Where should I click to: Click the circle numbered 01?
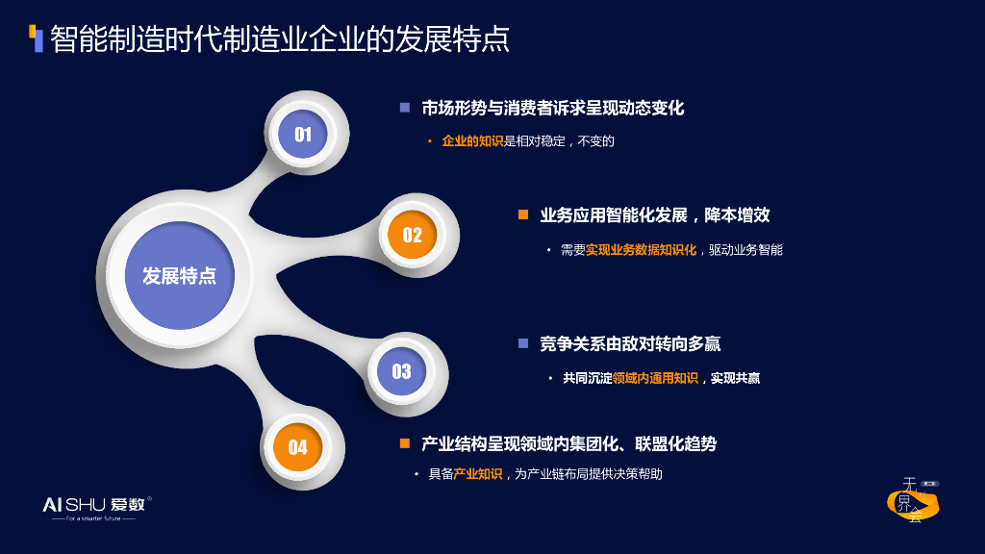coord(303,135)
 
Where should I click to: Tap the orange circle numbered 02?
coord(412,236)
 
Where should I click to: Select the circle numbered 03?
coord(401,371)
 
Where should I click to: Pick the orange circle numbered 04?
coord(297,447)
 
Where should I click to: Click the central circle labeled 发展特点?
coord(180,275)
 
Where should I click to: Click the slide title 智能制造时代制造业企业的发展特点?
coord(279,38)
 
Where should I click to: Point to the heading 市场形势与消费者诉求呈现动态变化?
coord(553,108)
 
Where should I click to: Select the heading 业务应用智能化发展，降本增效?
coord(655,214)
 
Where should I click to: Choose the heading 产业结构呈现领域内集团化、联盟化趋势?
coord(568,443)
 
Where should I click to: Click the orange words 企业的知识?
coord(472,141)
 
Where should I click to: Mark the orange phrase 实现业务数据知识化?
coord(641,250)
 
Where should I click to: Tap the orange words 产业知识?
coord(477,474)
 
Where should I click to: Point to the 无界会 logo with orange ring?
coord(912,502)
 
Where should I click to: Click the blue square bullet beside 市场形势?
coord(405,108)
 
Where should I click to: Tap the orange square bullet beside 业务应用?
coord(523,214)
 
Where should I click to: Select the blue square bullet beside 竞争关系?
coord(523,343)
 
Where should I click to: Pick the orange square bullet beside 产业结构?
coord(405,443)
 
